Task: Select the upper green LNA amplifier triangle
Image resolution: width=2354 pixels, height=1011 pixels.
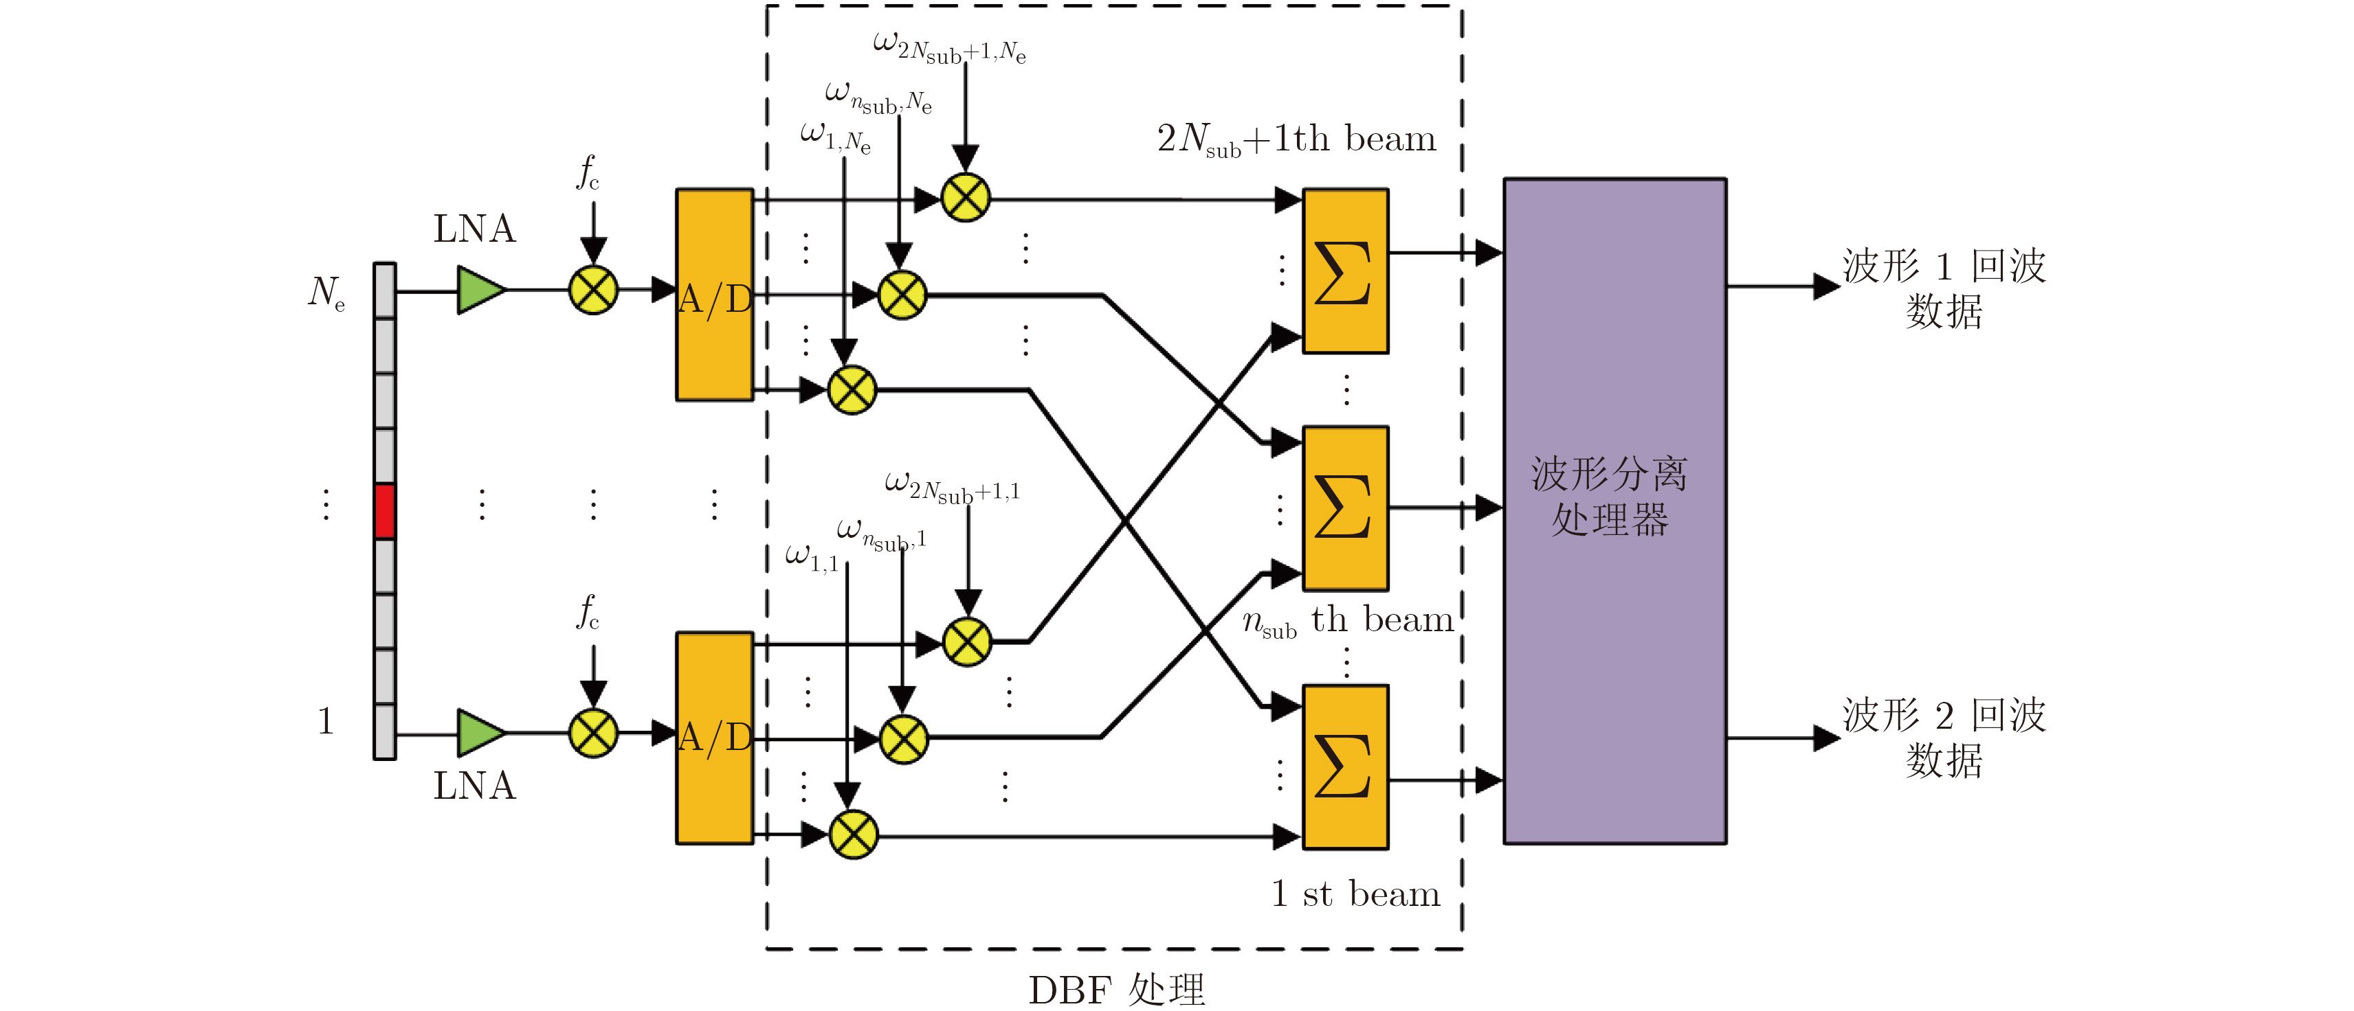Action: click(x=480, y=291)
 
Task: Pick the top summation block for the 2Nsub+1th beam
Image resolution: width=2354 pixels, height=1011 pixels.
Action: click(x=1345, y=271)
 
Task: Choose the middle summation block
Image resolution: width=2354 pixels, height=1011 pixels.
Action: click(x=1345, y=508)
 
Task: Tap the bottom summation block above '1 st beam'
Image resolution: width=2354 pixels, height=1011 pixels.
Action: click(x=1345, y=766)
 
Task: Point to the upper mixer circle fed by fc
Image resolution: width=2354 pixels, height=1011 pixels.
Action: click(x=593, y=291)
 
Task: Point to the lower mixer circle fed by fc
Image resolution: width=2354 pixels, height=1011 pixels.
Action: click(x=593, y=734)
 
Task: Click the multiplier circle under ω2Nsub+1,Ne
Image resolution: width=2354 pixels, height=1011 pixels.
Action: click(x=965, y=197)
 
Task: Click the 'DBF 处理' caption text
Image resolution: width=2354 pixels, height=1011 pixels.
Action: click(x=1117, y=989)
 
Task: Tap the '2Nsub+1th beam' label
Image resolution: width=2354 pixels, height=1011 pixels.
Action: click(x=1296, y=139)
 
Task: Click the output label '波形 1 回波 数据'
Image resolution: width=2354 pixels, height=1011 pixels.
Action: click(x=1943, y=288)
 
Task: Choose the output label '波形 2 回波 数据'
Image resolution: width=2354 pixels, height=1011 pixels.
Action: click(x=1943, y=737)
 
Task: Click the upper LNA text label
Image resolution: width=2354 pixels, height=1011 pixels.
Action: click(x=474, y=228)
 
